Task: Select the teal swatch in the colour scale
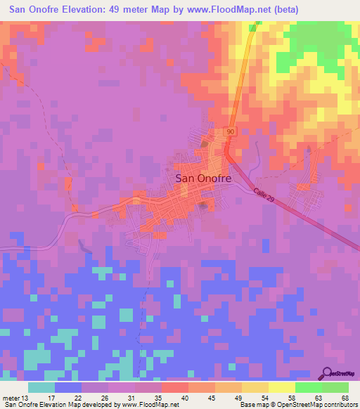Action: click(x=41, y=387)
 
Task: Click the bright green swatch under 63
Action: click(x=309, y=387)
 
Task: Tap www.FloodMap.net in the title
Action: click(x=229, y=10)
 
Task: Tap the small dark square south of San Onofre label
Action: click(x=204, y=205)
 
